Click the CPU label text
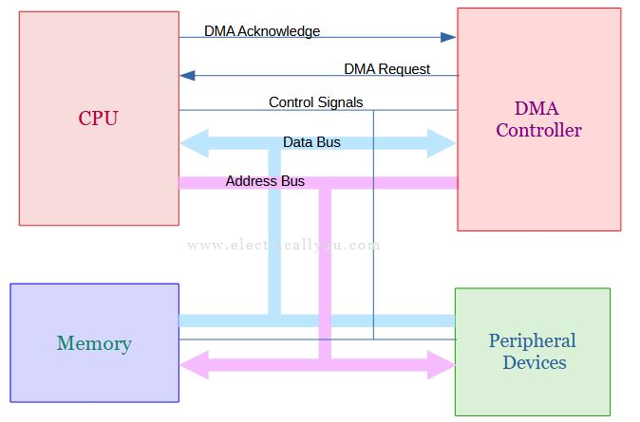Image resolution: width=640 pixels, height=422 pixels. click(x=98, y=119)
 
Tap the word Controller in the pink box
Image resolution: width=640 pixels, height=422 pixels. click(x=537, y=130)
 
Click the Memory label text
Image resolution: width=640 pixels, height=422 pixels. click(x=94, y=343)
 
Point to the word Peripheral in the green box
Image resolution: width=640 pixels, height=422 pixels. click(x=533, y=340)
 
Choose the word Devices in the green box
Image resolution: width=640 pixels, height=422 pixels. click(x=534, y=362)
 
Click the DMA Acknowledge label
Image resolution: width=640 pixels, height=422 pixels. click(x=262, y=31)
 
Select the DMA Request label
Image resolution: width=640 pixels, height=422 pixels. click(x=386, y=69)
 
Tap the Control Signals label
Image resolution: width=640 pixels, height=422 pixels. click(x=315, y=102)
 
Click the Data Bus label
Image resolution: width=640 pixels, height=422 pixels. click(x=311, y=142)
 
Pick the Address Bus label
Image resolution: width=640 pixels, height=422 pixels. click(x=265, y=180)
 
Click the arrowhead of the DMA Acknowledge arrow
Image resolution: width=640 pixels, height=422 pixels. click(x=448, y=38)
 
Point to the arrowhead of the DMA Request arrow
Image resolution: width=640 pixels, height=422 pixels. click(x=188, y=76)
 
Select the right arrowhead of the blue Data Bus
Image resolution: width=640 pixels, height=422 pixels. click(x=442, y=144)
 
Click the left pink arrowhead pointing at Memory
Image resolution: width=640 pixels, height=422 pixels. click(x=195, y=363)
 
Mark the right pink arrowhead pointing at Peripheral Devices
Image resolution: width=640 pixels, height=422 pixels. click(x=441, y=363)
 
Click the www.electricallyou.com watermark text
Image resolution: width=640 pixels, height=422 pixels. click(x=284, y=245)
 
